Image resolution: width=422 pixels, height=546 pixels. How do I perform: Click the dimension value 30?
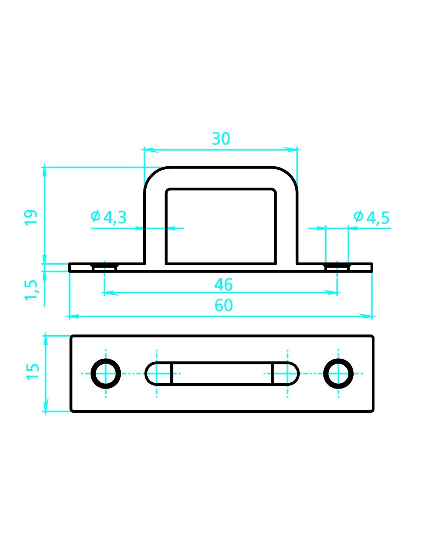(221, 139)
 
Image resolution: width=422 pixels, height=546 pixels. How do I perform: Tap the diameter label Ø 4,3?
(109, 218)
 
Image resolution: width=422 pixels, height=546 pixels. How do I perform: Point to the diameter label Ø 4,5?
(371, 218)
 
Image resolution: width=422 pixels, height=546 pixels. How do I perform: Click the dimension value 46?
(223, 285)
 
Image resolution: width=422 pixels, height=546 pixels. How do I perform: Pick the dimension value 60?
(223, 305)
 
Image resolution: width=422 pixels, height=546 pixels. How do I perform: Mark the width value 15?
(33, 371)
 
